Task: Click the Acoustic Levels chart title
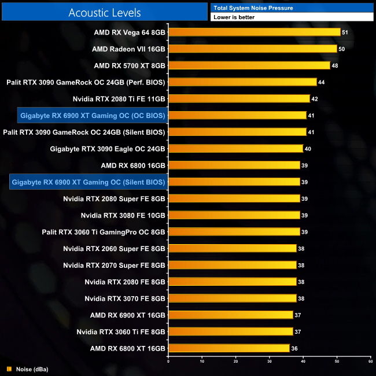point(104,12)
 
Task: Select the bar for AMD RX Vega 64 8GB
point(254,32)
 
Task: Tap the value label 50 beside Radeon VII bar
point(341,49)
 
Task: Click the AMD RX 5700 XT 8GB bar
point(249,66)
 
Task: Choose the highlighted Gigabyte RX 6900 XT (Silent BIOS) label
point(89,182)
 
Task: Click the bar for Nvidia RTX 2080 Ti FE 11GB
point(239,99)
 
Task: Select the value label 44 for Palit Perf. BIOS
point(321,82)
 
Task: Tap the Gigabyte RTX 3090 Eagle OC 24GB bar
point(235,149)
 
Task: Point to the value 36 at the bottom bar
point(294,348)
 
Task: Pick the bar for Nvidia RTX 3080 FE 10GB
point(234,215)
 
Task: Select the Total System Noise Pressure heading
point(253,8)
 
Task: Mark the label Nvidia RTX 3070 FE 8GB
point(125,298)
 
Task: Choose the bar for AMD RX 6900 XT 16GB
point(230,315)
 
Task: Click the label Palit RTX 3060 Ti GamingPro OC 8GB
point(104,232)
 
